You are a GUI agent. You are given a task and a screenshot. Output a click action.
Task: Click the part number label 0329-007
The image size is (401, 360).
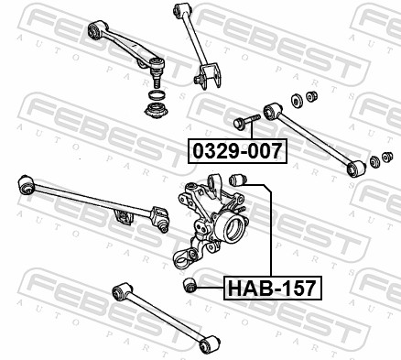tap(237, 151)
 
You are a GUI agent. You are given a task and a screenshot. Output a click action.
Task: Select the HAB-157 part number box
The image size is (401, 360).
tap(273, 288)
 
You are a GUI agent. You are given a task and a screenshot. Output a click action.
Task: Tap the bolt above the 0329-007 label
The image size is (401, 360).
tap(246, 122)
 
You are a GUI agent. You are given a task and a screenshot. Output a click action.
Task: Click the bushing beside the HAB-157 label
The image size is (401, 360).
tap(190, 285)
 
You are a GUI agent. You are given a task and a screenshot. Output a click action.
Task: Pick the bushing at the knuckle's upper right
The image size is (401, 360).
tap(237, 180)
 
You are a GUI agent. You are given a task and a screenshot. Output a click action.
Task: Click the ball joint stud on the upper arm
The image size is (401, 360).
tap(157, 79)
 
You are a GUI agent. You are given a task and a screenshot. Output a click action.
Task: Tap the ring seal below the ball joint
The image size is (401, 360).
tap(157, 94)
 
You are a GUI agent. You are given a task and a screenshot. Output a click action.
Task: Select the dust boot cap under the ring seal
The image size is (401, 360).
tap(157, 111)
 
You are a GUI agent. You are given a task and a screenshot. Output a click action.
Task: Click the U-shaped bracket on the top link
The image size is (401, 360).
tap(210, 76)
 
